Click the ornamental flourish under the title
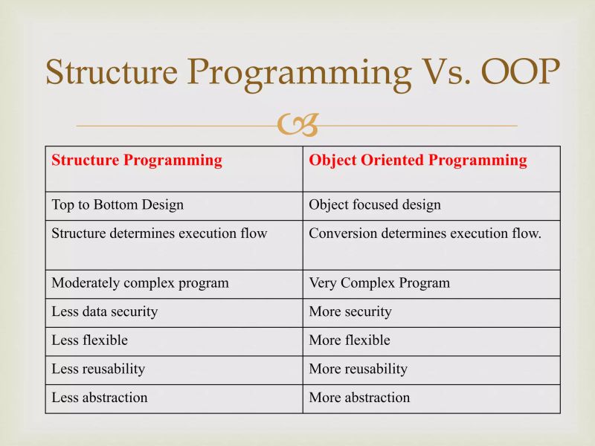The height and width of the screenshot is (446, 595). click(x=297, y=126)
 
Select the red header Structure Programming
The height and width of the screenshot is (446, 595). click(x=137, y=160)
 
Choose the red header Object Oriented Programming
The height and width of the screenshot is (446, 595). click(x=418, y=160)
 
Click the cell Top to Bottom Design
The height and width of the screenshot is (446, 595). click(x=118, y=204)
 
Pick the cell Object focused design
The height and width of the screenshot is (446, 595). click(x=375, y=204)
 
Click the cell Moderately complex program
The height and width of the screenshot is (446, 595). click(x=140, y=282)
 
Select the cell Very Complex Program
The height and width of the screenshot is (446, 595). click(x=379, y=282)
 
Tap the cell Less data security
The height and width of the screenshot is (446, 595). click(x=105, y=311)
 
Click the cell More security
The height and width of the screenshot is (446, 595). click(x=350, y=311)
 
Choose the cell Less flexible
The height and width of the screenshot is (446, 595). click(x=90, y=340)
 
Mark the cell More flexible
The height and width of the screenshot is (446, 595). click(x=350, y=340)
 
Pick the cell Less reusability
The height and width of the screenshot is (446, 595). click(x=98, y=369)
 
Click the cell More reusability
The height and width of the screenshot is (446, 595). click(x=358, y=369)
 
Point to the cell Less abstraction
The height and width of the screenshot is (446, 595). click(x=100, y=397)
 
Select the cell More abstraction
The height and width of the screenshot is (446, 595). click(x=359, y=397)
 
